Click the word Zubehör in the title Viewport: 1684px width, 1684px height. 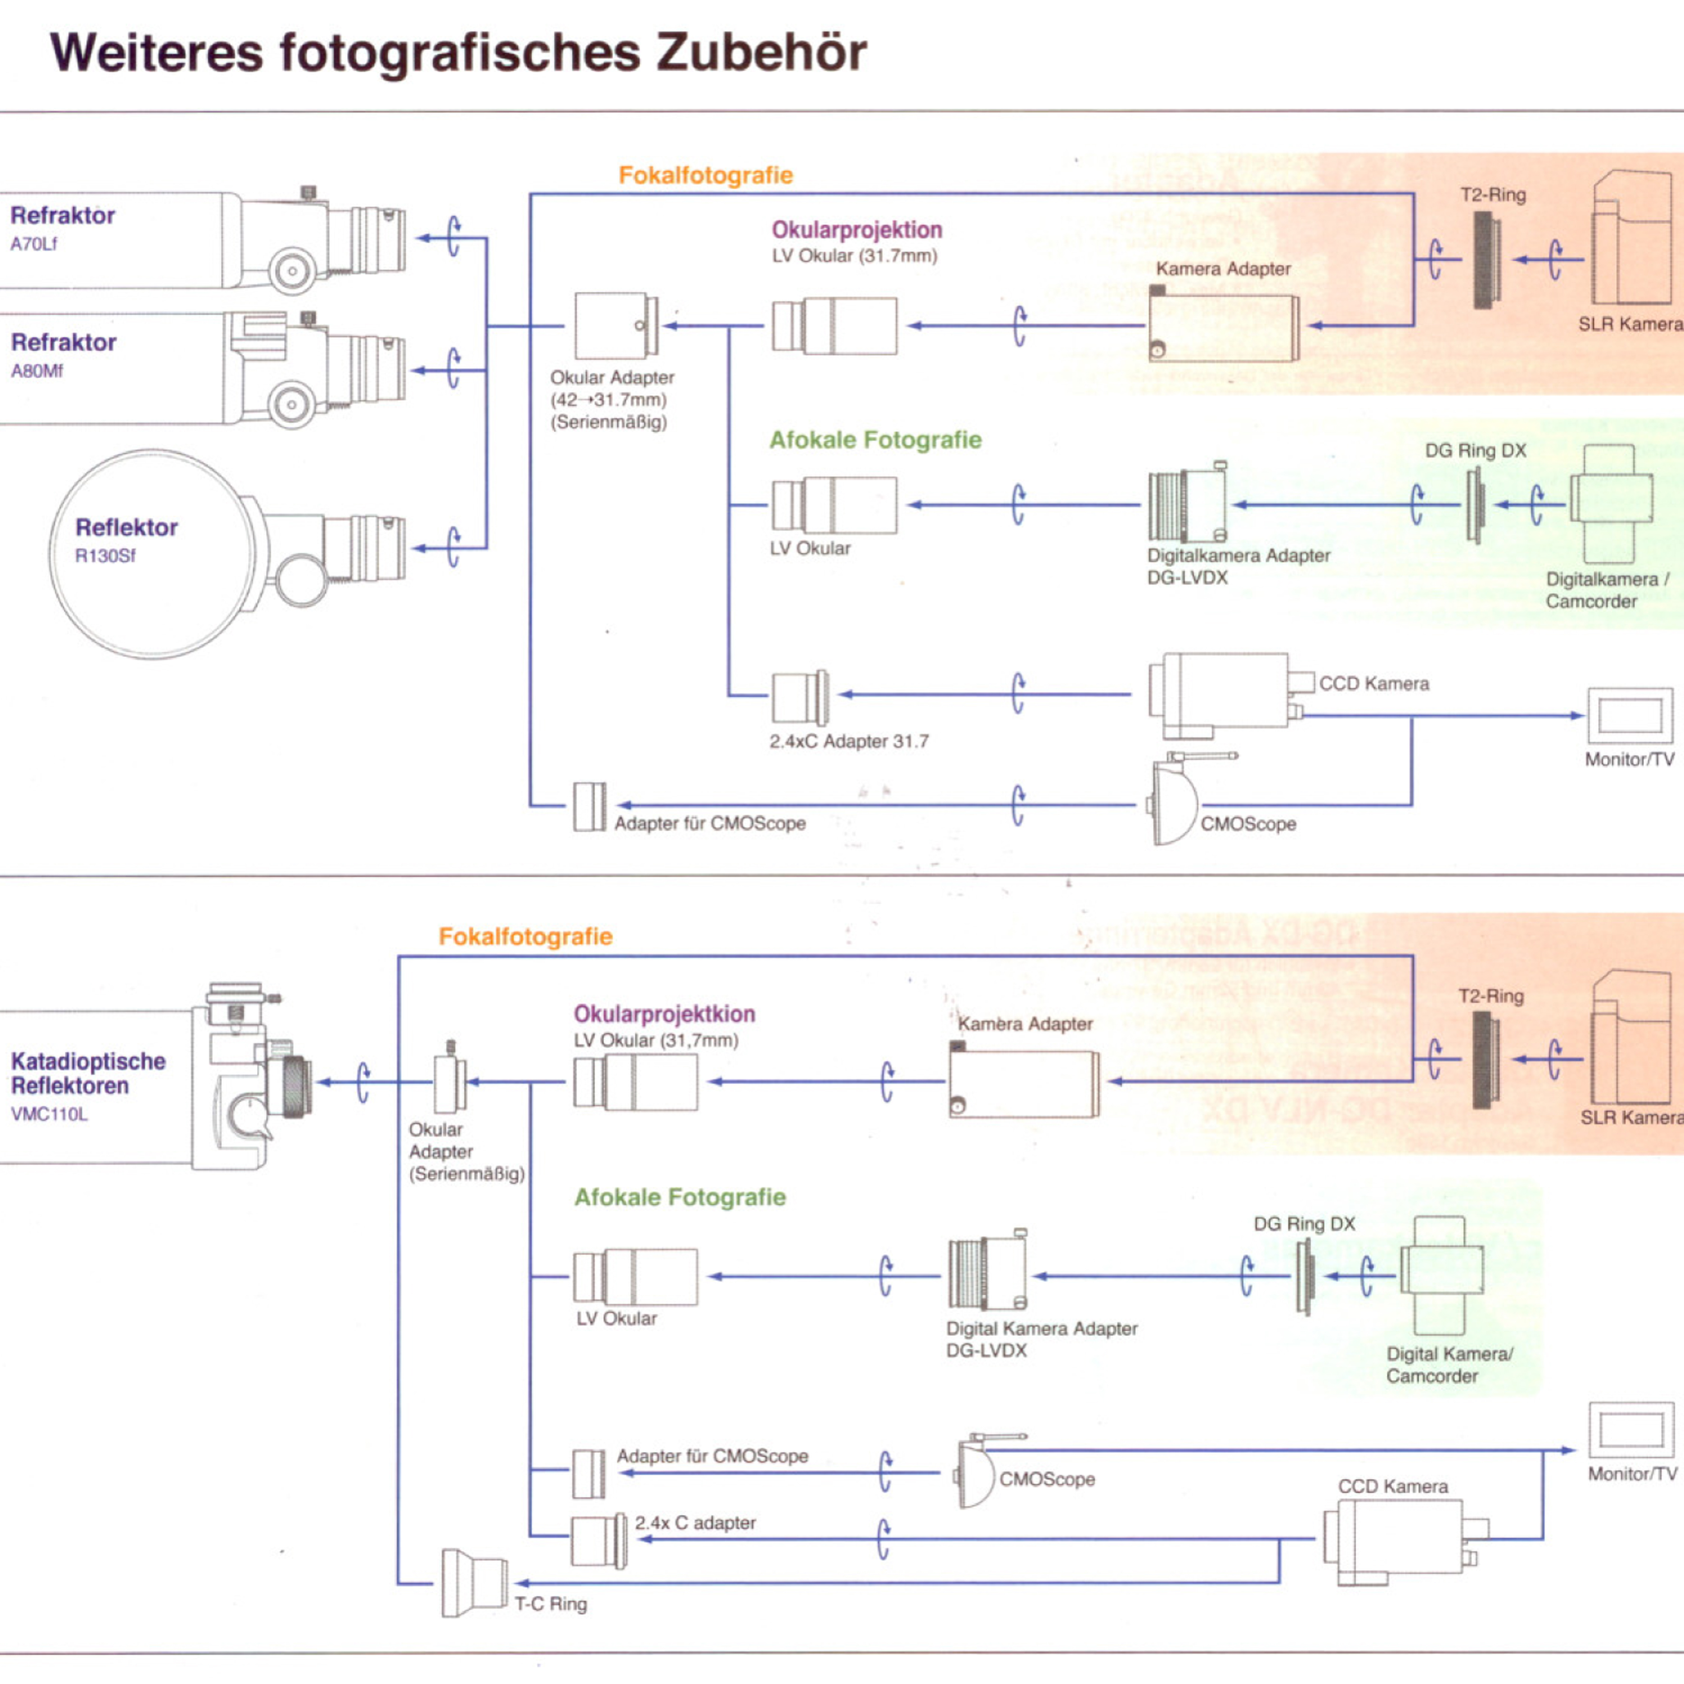[761, 52]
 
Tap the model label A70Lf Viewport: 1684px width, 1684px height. [33, 244]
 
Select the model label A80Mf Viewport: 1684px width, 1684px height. [37, 371]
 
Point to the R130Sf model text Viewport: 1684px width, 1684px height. [105, 556]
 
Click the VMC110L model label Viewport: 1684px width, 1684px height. [49, 1114]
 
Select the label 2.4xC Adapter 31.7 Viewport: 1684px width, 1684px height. [849, 742]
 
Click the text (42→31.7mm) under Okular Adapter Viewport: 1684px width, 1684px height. [608, 400]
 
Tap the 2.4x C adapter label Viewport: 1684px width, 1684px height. [695, 1523]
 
